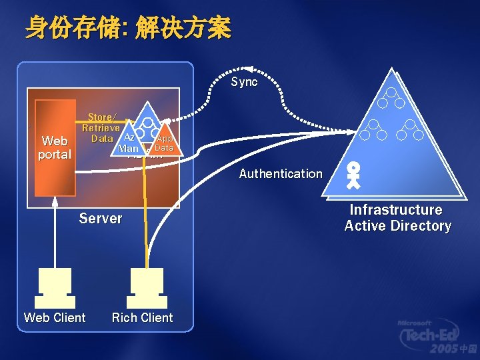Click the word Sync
point(244,82)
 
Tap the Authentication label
point(281,174)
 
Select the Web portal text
point(55,148)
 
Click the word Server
point(101,219)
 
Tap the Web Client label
point(55,318)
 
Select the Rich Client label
point(142,318)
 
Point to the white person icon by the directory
point(354,175)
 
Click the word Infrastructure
point(396,210)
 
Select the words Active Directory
point(397,226)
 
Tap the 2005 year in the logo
point(445,349)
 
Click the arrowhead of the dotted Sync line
point(248,69)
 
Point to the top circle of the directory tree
point(391,93)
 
